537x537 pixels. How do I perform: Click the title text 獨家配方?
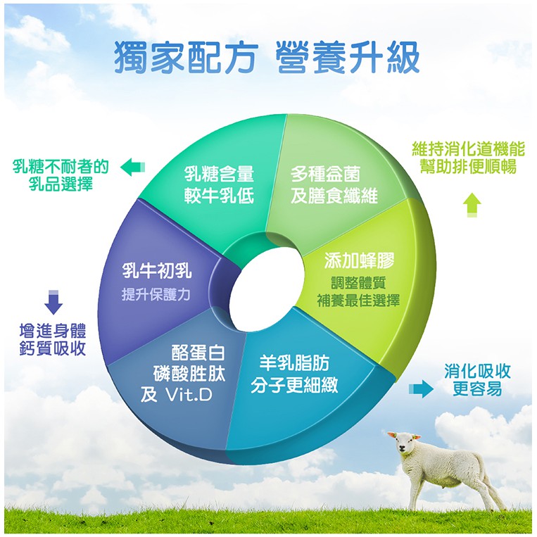185,57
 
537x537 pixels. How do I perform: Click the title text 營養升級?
348,57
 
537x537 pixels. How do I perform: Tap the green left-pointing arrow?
132,167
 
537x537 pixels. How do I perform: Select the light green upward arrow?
472,205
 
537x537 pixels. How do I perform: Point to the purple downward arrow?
53,302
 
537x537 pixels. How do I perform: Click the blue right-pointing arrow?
422,388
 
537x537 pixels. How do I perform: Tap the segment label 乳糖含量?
219,174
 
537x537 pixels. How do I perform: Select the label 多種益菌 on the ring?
325,174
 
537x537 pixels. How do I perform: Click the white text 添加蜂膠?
359,261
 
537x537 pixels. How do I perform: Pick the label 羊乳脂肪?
294,363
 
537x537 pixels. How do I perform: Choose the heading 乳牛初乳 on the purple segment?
157,271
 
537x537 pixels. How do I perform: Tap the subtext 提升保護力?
156,294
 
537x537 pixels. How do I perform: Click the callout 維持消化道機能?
468,149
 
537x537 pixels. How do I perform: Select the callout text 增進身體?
53,331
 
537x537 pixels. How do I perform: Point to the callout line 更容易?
477,388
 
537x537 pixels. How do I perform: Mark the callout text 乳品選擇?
61,184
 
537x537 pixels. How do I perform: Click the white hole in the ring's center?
267,290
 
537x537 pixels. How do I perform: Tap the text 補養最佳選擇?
358,301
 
